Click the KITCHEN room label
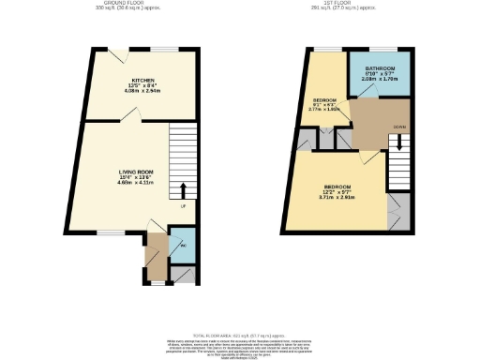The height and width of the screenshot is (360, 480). click(x=142, y=82)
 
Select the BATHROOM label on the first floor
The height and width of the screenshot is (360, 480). click(x=380, y=69)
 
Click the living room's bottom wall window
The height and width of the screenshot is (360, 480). click(x=112, y=232)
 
